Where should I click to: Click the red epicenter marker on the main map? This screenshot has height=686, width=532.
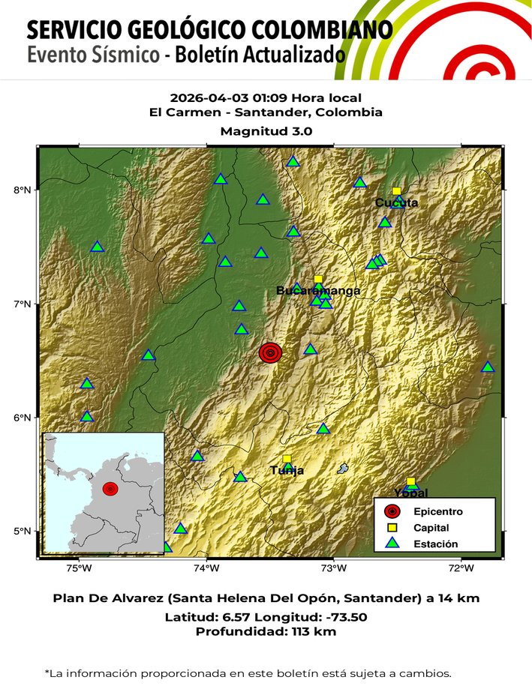click(270, 352)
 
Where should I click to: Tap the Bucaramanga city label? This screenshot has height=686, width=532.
click(318, 291)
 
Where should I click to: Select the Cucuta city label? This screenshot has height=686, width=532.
click(396, 202)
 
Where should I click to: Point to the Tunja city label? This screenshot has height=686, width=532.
click(287, 471)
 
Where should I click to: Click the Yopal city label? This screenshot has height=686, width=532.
click(410, 493)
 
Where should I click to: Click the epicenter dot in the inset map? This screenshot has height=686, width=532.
click(110, 489)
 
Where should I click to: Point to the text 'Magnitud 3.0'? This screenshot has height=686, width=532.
click(266, 130)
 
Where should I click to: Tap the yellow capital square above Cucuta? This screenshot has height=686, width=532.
click(396, 191)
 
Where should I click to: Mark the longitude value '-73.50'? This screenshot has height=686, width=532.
click(342, 617)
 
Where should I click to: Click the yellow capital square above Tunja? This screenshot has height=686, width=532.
click(287, 459)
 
